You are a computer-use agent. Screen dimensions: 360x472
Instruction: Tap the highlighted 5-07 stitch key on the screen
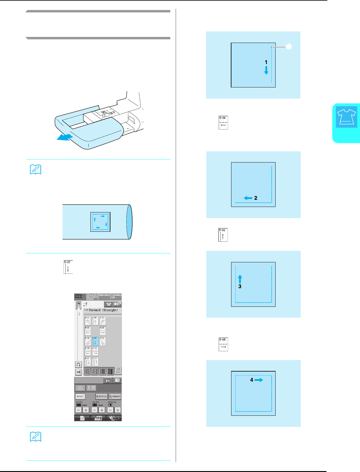pyautogui.click(x=95, y=341)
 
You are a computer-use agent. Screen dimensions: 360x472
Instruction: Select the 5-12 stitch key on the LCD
pyautogui.click(x=95, y=361)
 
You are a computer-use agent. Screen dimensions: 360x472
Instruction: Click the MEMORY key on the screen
pyautogui.click(x=115, y=396)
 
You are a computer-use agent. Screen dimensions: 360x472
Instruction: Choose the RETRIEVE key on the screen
pyautogui.click(x=101, y=396)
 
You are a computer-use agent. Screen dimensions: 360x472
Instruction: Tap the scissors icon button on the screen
pyautogui.click(x=78, y=372)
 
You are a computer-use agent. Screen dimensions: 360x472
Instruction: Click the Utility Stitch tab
pyautogui.click(x=79, y=296)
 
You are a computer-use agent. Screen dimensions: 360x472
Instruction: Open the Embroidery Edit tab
pyautogui.click(x=116, y=296)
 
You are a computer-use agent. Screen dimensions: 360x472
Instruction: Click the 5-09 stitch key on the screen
pyautogui.click(x=88, y=351)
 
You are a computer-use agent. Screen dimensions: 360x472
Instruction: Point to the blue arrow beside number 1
pyautogui.click(x=266, y=70)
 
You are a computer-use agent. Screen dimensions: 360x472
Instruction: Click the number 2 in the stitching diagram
pyautogui.click(x=256, y=198)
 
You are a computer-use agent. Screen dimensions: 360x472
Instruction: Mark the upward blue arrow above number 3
pyautogui.click(x=240, y=278)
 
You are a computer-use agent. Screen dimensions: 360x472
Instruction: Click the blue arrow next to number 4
pyautogui.click(x=259, y=380)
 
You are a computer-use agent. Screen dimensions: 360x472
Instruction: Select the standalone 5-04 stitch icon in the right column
pyautogui.click(x=223, y=123)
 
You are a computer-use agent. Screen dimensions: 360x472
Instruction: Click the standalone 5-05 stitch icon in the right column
pyautogui.click(x=223, y=344)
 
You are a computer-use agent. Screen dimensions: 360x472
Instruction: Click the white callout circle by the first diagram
pyautogui.click(x=289, y=47)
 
